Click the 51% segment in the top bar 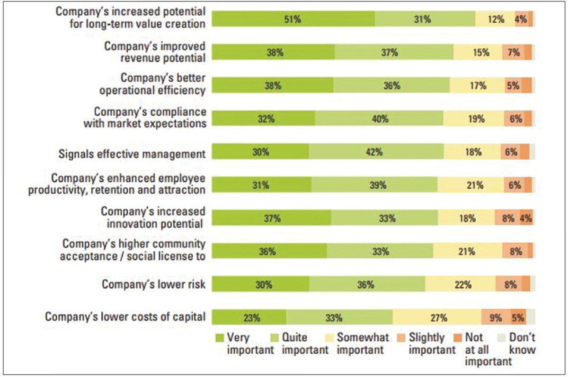(293, 19)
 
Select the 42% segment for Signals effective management (376, 152)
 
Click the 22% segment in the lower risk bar (460, 285)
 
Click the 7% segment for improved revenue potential (513, 53)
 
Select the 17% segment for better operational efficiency (477, 86)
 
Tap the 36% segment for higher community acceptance (269, 251)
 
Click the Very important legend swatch (219, 338)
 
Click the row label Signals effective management (132, 154)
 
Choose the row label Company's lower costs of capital (125, 317)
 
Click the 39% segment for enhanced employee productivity (374, 185)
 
